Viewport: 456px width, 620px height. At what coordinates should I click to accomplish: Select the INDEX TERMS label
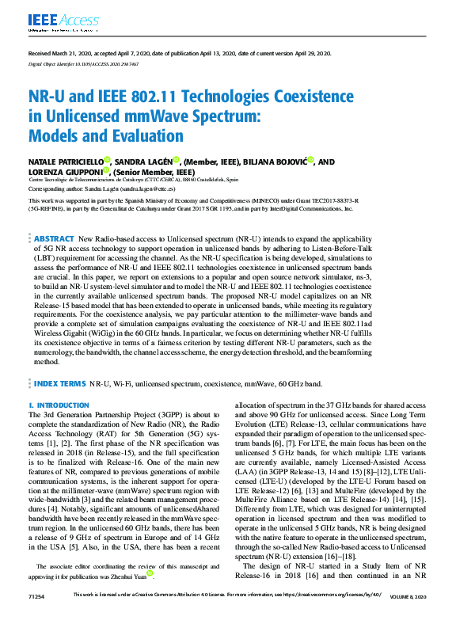[x=60, y=383]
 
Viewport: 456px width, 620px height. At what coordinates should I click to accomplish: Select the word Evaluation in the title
[x=143, y=136]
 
